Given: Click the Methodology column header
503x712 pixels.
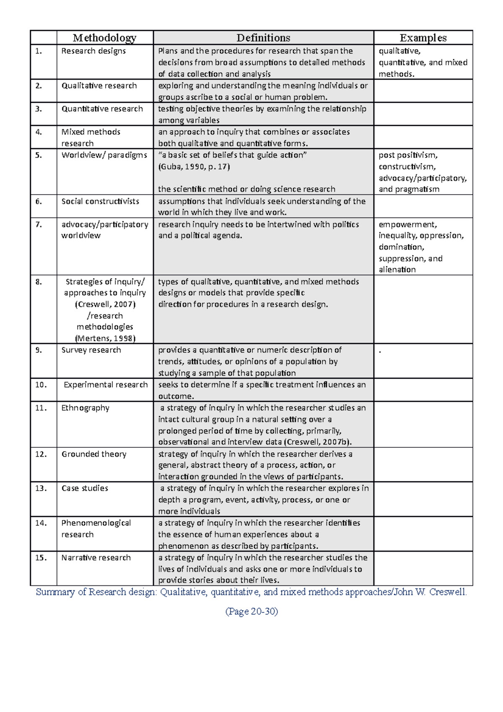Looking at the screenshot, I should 104,38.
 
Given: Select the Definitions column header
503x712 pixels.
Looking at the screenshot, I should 263,38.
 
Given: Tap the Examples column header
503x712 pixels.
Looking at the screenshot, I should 423,38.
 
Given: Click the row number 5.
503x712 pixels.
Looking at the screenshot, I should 39,155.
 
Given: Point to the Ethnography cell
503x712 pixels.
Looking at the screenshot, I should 86,408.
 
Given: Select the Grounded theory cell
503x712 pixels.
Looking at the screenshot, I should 94,454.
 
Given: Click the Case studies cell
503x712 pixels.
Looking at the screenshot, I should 85,489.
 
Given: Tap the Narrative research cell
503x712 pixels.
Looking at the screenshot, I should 96,558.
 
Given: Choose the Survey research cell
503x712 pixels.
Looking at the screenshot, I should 91,350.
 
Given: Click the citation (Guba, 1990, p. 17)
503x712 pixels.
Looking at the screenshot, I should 194,167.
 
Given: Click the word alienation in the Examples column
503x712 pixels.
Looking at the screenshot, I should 397,270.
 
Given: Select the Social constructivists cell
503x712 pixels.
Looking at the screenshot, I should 100,201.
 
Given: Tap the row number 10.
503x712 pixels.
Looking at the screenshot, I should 41,385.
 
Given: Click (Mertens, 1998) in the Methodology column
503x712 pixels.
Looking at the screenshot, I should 105,338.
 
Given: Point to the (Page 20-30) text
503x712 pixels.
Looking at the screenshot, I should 251,611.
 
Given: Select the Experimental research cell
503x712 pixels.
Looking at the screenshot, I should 106,385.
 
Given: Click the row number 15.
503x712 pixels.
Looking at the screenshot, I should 41,558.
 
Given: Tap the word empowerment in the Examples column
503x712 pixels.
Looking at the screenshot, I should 407,224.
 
